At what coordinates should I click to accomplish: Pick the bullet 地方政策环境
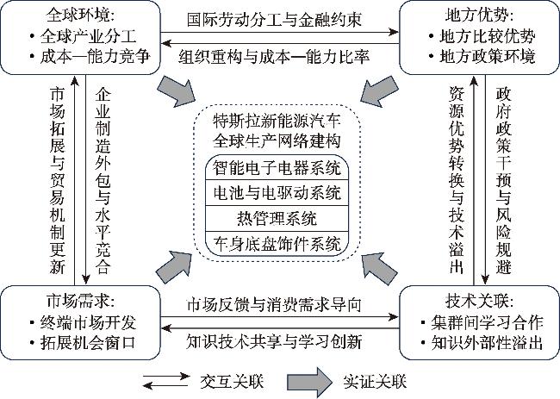click(482, 57)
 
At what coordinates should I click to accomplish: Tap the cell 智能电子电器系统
click(277, 167)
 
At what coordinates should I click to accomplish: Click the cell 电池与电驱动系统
click(277, 191)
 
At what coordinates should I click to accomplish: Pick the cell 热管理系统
click(277, 216)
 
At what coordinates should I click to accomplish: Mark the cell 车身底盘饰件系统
click(277, 241)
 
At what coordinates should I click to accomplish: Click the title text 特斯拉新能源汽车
click(277, 118)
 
